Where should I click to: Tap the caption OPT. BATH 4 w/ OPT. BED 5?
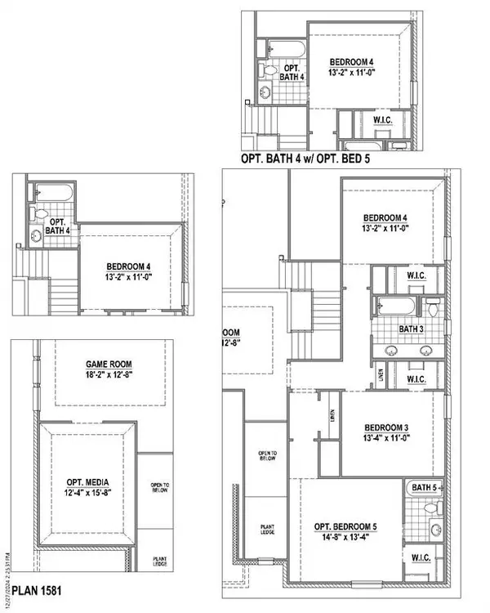[305, 159]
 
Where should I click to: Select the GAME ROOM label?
[109, 365]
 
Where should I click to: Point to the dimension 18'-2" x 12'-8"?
[109, 377]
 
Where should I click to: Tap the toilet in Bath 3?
[433, 309]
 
